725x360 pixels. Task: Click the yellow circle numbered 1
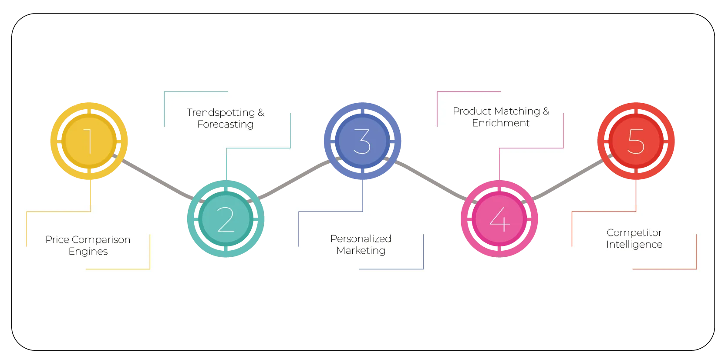89,141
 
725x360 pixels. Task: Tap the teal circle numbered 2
226,219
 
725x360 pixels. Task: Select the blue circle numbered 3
362,141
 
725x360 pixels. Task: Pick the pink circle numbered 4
499,219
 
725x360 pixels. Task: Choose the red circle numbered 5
636,141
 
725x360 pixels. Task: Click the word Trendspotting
221,112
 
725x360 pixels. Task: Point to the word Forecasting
225,124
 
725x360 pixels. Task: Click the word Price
57,239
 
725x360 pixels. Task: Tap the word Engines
88,252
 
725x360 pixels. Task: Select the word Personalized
361,239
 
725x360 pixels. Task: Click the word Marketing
361,251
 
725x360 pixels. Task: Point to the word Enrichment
501,123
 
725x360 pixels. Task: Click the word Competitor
634,232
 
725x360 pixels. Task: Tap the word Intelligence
634,245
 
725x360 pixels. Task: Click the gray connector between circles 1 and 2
157,180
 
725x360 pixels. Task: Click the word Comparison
101,239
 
